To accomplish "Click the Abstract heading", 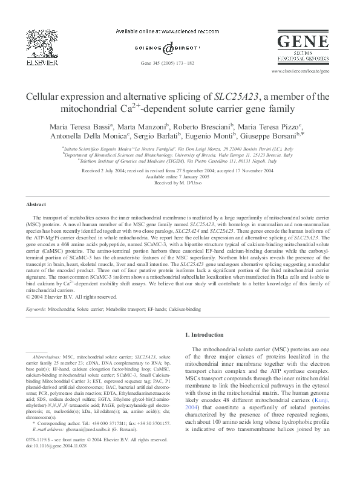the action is point(36,205).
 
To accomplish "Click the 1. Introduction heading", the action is point(206,334).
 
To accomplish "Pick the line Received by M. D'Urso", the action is point(180,183).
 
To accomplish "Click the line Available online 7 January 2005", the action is point(180,177).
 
